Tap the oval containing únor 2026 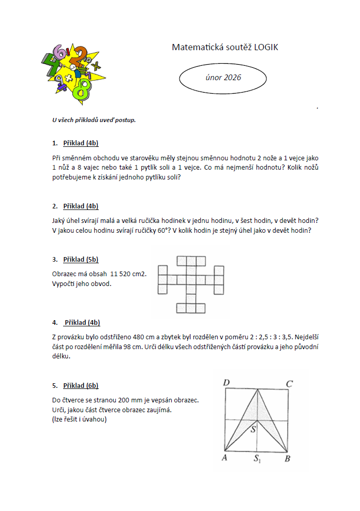pos(222,78)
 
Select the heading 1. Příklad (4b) pos(76,143)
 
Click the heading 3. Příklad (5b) pos(76,259)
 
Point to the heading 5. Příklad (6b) pos(76,385)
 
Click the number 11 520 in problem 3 pos(122,274)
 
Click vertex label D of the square pos(226,383)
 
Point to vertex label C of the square pos(290,383)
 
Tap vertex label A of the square pos(225,458)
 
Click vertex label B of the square pos(288,458)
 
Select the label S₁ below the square pos(257,458)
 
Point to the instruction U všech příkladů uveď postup pos(94,120)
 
